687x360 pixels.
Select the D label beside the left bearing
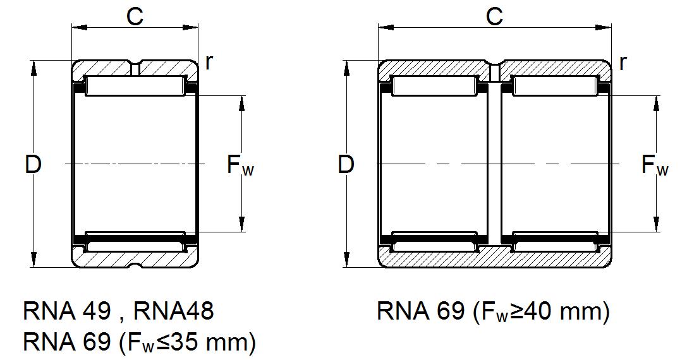33,165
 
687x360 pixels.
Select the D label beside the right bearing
346,165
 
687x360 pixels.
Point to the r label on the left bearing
209,62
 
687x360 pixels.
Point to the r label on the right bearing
623,62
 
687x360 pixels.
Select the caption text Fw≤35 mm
189,342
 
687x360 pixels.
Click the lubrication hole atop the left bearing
135,68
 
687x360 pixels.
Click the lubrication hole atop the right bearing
494,71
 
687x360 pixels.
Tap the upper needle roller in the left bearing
135,87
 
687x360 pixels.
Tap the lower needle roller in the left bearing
135,243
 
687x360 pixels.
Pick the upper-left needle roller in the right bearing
435,86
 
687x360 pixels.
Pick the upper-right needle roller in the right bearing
554,86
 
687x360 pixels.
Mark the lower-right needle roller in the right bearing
554,243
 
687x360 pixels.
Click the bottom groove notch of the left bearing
135,264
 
